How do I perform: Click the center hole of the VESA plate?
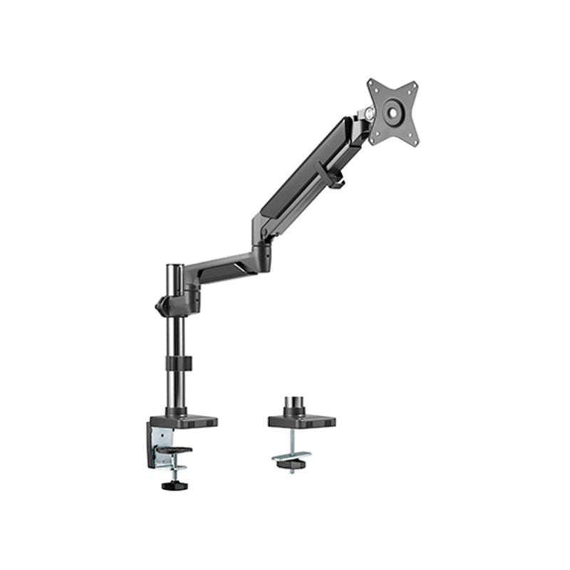(x=392, y=111)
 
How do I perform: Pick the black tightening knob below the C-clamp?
(x=170, y=485)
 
